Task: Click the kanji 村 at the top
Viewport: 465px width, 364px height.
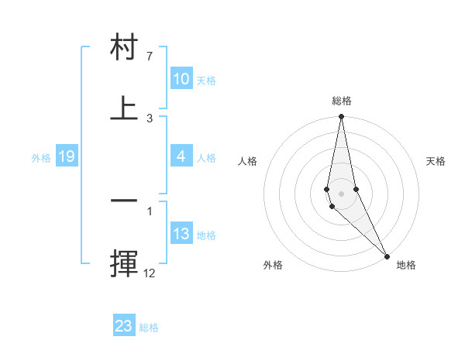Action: point(124,48)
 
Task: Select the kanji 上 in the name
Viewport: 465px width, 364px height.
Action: point(124,108)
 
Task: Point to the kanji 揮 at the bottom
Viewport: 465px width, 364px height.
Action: point(124,263)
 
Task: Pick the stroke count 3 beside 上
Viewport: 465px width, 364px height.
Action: point(150,118)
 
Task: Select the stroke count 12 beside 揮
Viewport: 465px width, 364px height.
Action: point(149,272)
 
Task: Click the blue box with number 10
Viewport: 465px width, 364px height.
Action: point(181,79)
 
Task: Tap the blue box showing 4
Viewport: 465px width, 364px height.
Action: point(181,156)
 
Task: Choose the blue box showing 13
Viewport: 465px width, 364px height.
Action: point(181,234)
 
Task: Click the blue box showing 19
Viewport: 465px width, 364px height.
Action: point(66,156)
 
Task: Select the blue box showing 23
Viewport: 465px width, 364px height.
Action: point(124,326)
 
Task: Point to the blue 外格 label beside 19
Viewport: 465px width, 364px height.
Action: point(41,158)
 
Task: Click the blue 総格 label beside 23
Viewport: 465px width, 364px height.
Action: point(149,328)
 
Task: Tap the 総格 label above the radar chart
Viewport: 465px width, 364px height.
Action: point(342,101)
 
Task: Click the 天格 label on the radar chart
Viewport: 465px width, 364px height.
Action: point(436,161)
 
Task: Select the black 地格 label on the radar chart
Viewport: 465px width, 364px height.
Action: point(406,265)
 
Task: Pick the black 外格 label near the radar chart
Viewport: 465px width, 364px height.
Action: point(273,265)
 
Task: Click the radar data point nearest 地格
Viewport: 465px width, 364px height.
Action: point(387,256)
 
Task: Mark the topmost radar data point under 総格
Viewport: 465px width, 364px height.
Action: point(341,117)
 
